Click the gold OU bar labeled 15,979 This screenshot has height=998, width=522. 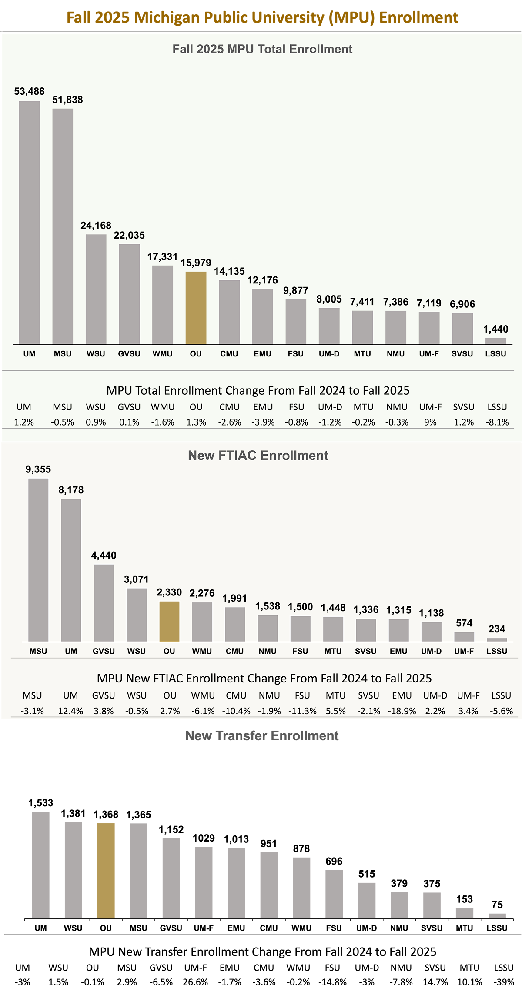pyautogui.click(x=196, y=308)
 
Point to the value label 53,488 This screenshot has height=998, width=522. pyautogui.click(x=29, y=91)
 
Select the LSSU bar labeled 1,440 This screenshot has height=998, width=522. pyautogui.click(x=495, y=341)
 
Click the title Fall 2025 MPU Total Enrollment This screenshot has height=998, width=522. pyautogui.click(x=262, y=49)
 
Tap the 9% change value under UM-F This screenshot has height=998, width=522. pyautogui.click(x=430, y=422)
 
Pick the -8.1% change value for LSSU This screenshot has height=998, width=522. pyautogui.click(x=497, y=422)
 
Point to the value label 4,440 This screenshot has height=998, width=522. pyautogui.click(x=104, y=555)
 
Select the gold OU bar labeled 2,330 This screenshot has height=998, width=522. pyautogui.click(x=169, y=621)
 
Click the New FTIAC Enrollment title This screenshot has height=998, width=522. pyautogui.click(x=258, y=455)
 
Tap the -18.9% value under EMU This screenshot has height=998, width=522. pyautogui.click(x=402, y=711)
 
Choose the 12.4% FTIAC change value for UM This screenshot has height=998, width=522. pyautogui.click(x=70, y=711)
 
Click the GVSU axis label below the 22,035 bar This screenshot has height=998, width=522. pyautogui.click(x=129, y=354)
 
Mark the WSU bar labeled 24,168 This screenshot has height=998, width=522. pyautogui.click(x=96, y=289)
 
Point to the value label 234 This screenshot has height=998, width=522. pyautogui.click(x=496, y=629)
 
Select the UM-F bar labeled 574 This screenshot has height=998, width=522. pyautogui.click(x=464, y=636)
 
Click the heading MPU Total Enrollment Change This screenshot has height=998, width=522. pyautogui.click(x=258, y=390)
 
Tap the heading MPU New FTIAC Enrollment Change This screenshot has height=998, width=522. pyautogui.click(x=264, y=679)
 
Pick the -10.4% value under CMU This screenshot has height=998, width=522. pyautogui.click(x=236, y=711)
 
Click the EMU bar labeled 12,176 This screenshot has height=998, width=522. pyautogui.click(x=262, y=316)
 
